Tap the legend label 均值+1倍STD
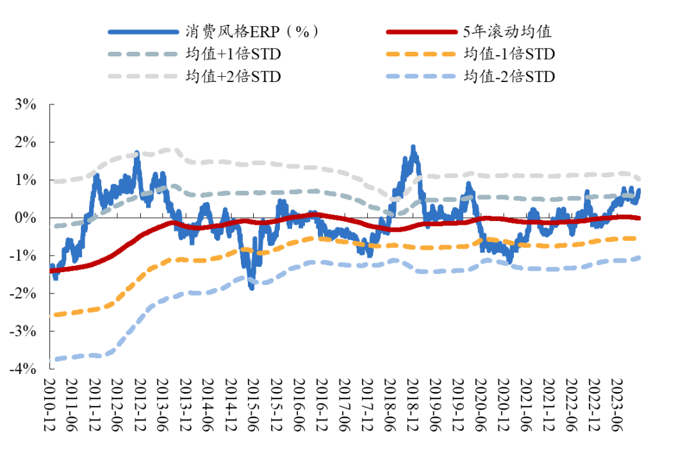tap(233, 54)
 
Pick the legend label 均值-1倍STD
tap(509, 54)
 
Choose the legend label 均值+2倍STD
tap(233, 76)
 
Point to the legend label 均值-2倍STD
tap(509, 76)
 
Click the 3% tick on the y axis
tap(25, 104)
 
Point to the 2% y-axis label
tap(25, 142)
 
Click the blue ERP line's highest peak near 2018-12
tap(413, 147)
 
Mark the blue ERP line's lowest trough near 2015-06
tap(252, 288)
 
